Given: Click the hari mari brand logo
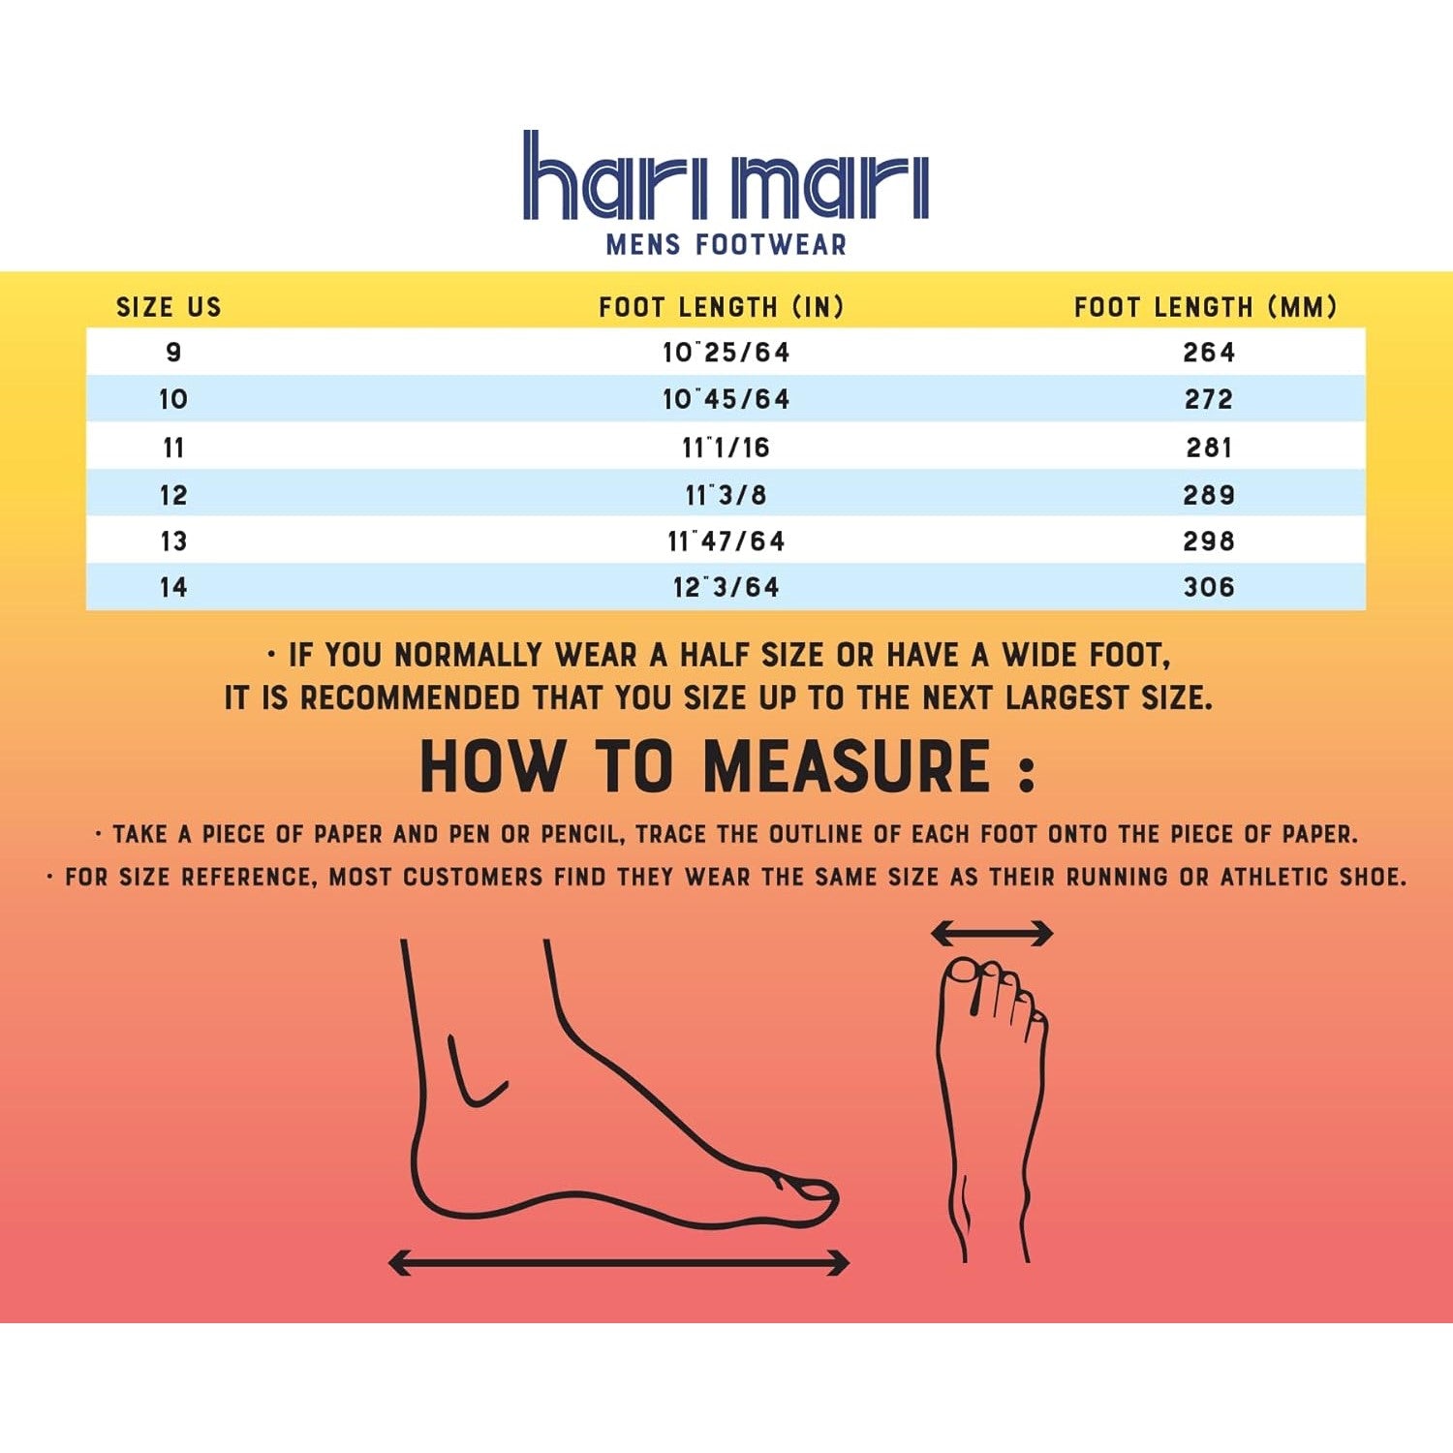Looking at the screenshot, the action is point(726,175).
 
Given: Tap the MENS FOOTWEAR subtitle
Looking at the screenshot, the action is point(726,244).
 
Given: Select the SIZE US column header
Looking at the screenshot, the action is point(170,307).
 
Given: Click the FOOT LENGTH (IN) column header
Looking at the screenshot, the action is point(722,307).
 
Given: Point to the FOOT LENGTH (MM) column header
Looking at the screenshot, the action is point(1206,307).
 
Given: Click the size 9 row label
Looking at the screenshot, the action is point(173,352).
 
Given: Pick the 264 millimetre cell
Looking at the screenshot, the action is point(1209,352).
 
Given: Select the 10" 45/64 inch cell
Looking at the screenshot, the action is point(726,399).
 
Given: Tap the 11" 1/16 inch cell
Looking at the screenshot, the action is point(726,448).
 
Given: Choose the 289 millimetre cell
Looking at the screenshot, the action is point(1209,495).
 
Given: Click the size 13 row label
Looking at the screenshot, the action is point(173,541).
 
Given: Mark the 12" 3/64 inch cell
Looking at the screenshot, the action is point(726,587).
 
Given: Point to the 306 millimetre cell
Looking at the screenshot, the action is point(1209,587).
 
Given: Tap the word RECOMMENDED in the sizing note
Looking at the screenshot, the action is point(411,697).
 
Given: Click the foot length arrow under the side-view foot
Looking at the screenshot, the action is point(619,1262).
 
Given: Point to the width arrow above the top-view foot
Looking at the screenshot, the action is point(992,934).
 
